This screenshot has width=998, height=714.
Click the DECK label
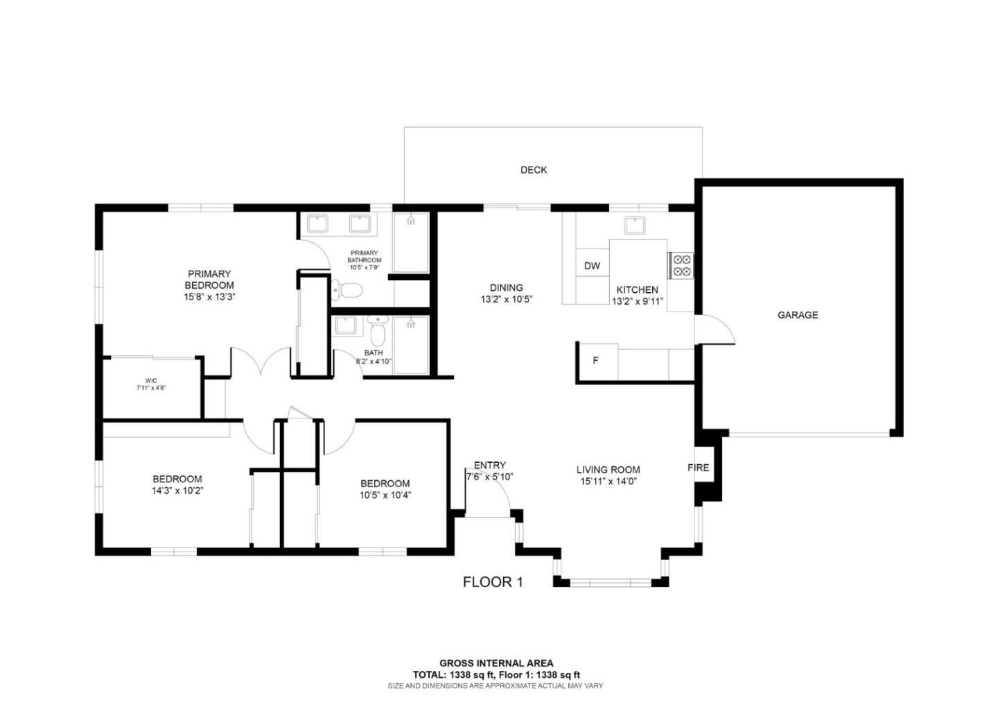534,170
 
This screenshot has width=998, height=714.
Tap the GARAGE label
798,315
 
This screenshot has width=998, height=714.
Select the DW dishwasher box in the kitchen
592,266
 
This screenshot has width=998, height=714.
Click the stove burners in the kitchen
681,265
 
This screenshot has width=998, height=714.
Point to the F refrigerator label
595,361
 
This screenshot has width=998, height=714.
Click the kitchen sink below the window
635,225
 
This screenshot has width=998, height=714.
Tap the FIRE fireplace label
698,468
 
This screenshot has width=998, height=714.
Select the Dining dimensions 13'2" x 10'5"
506,300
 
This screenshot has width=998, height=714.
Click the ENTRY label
490,465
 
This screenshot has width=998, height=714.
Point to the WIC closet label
151,380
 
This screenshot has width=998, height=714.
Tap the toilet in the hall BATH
377,335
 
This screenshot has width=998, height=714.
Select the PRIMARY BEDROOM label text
209,280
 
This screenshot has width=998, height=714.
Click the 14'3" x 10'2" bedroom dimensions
177,491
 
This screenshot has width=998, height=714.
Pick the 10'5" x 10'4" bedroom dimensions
385,495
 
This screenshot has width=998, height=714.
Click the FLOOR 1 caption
493,582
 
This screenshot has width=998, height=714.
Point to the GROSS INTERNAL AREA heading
496,663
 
